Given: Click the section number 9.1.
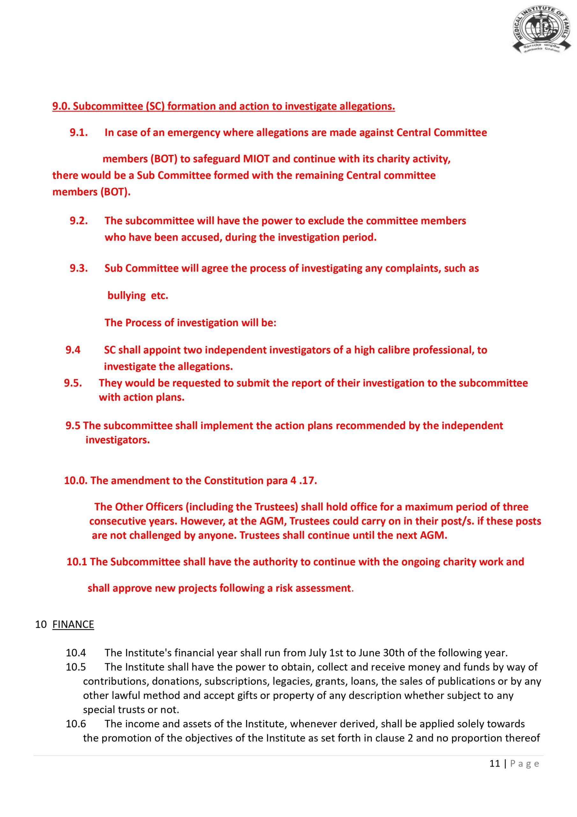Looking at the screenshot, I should pos(78,133).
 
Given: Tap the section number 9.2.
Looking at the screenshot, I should pos(78,221).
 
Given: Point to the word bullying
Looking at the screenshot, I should pos(127,295).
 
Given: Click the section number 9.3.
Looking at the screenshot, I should pos(78,268).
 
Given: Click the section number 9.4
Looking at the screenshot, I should pos(73,350).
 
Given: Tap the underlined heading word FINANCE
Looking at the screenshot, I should pos(73,625).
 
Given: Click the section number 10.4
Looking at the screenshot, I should pos(76,653).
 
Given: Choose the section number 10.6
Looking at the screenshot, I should pos(76,724).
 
